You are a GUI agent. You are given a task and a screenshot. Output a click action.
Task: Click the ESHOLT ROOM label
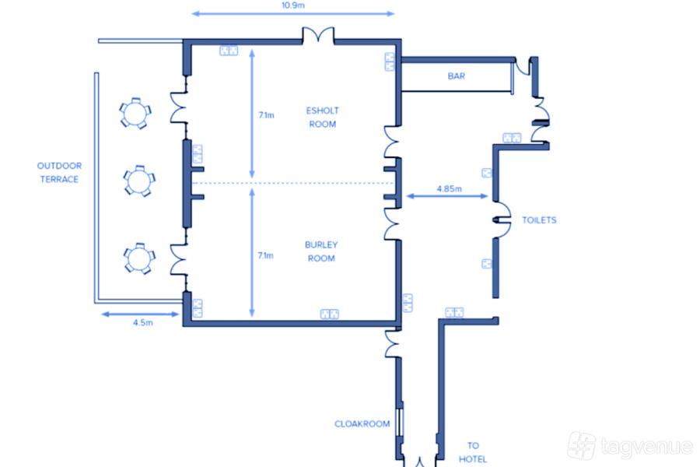tap(322, 117)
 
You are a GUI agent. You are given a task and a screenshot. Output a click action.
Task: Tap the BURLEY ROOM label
tap(321, 251)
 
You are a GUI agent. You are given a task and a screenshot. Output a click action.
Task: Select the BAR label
tap(457, 76)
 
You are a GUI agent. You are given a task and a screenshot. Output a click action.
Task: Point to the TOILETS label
tap(539, 219)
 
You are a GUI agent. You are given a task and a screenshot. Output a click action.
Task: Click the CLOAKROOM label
tap(362, 423)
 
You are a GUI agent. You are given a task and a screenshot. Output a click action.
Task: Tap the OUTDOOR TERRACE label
tap(59, 173)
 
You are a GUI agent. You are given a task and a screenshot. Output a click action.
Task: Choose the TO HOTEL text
tap(473, 452)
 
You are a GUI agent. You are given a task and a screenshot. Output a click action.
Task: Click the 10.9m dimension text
tap(293, 5)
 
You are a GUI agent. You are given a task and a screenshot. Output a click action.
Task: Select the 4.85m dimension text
tap(449, 188)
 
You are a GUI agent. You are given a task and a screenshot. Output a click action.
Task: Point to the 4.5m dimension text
tap(143, 323)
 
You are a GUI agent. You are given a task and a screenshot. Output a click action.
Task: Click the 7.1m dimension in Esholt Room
tap(267, 115)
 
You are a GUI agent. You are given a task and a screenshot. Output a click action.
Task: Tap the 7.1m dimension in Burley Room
tap(266, 255)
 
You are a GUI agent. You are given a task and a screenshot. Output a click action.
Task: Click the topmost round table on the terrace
tap(135, 113)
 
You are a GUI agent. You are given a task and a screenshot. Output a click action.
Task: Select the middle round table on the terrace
tap(139, 181)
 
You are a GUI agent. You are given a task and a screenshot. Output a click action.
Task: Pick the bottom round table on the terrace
tap(139, 258)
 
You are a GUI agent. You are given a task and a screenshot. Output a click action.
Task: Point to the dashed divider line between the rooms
tap(293, 183)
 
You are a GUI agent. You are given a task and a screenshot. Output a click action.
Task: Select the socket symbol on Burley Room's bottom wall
tap(330, 314)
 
